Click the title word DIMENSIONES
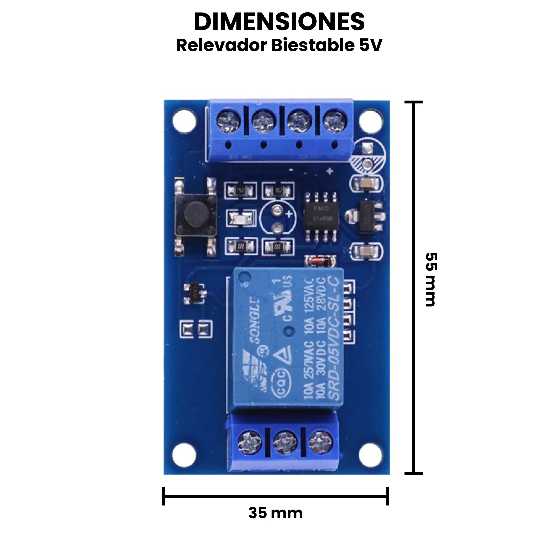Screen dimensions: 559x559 [x=279, y=22]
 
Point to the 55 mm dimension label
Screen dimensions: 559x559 [x=431, y=279]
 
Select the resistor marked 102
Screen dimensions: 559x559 [x=278, y=190]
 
